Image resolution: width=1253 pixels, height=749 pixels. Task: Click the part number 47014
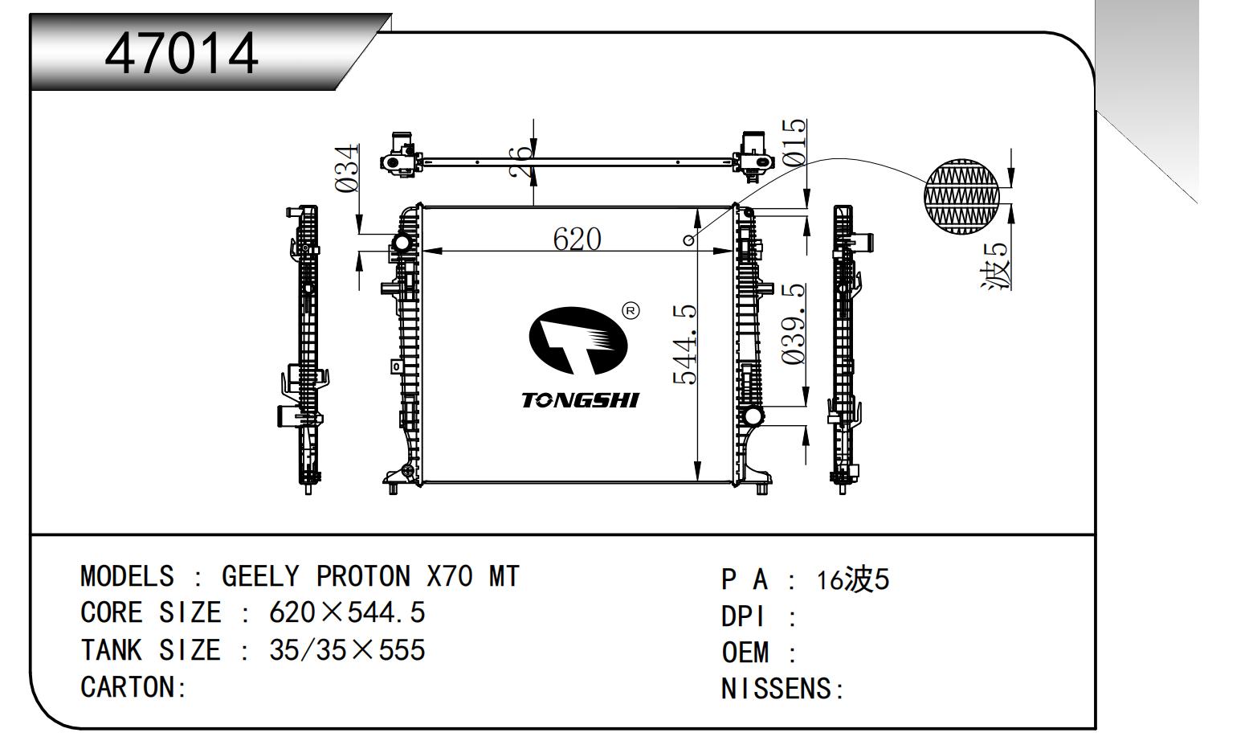(x=182, y=54)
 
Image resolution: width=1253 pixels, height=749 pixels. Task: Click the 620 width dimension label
(x=577, y=239)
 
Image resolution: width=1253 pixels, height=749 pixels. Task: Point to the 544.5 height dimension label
(x=685, y=344)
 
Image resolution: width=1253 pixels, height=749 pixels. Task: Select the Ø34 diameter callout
(x=347, y=170)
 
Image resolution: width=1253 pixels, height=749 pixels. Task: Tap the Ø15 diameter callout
(x=794, y=142)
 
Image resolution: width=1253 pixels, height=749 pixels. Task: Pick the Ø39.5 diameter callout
(x=794, y=323)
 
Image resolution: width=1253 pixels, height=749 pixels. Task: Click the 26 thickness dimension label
(x=521, y=161)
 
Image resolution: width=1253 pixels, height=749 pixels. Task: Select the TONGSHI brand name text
(x=580, y=400)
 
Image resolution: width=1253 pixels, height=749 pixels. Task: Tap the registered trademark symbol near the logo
(x=631, y=311)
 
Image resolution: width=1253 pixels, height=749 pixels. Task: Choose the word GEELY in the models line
(x=260, y=576)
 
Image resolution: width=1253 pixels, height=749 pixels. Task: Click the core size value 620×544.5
(x=346, y=613)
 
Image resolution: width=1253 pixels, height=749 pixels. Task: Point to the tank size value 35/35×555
(x=346, y=650)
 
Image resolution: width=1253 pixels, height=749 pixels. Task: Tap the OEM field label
(x=745, y=652)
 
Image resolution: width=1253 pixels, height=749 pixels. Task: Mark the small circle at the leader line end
(x=688, y=240)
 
